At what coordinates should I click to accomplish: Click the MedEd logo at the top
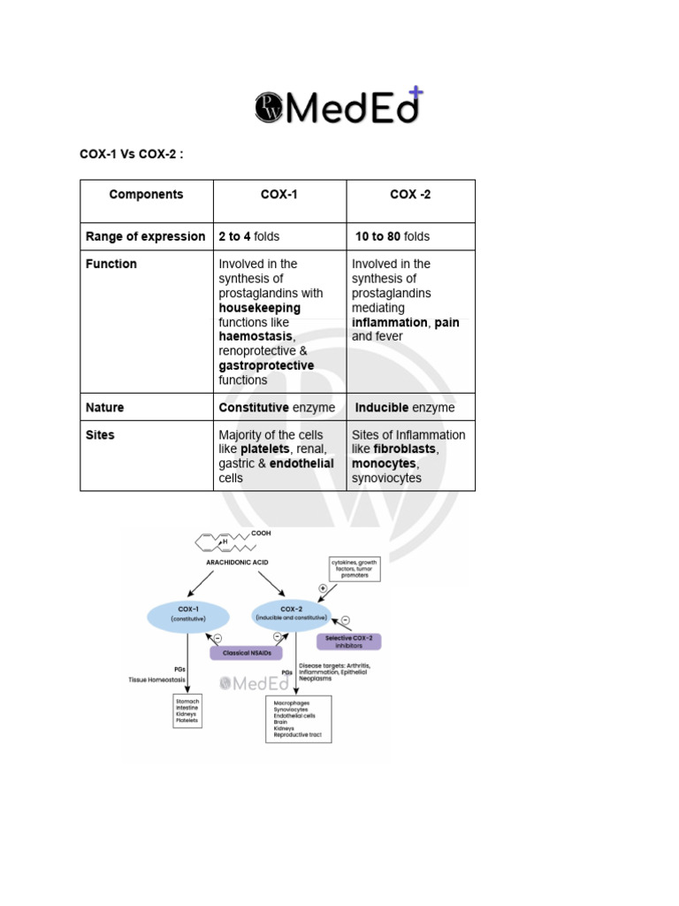click(339, 106)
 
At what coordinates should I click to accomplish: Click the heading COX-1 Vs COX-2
click(132, 155)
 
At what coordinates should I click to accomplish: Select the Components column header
click(146, 195)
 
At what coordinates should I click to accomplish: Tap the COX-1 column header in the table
click(279, 195)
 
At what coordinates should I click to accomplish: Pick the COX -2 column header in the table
click(410, 195)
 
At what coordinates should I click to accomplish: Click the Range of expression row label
click(145, 236)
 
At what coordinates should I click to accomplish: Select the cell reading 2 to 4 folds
click(249, 236)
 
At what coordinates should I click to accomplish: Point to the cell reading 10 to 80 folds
click(393, 236)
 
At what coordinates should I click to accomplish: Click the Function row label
click(111, 264)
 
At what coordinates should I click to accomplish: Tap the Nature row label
click(105, 408)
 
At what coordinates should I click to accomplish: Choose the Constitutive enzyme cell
click(277, 408)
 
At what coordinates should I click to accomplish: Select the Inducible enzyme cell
click(405, 408)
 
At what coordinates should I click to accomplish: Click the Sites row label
click(100, 435)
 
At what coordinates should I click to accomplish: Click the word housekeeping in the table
click(260, 308)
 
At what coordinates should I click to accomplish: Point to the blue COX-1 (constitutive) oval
click(187, 615)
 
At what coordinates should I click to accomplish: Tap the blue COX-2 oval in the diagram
click(291, 613)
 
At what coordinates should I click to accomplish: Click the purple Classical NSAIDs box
click(247, 654)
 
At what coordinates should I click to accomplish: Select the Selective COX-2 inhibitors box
click(349, 641)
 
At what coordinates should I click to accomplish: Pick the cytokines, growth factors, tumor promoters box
click(354, 568)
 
